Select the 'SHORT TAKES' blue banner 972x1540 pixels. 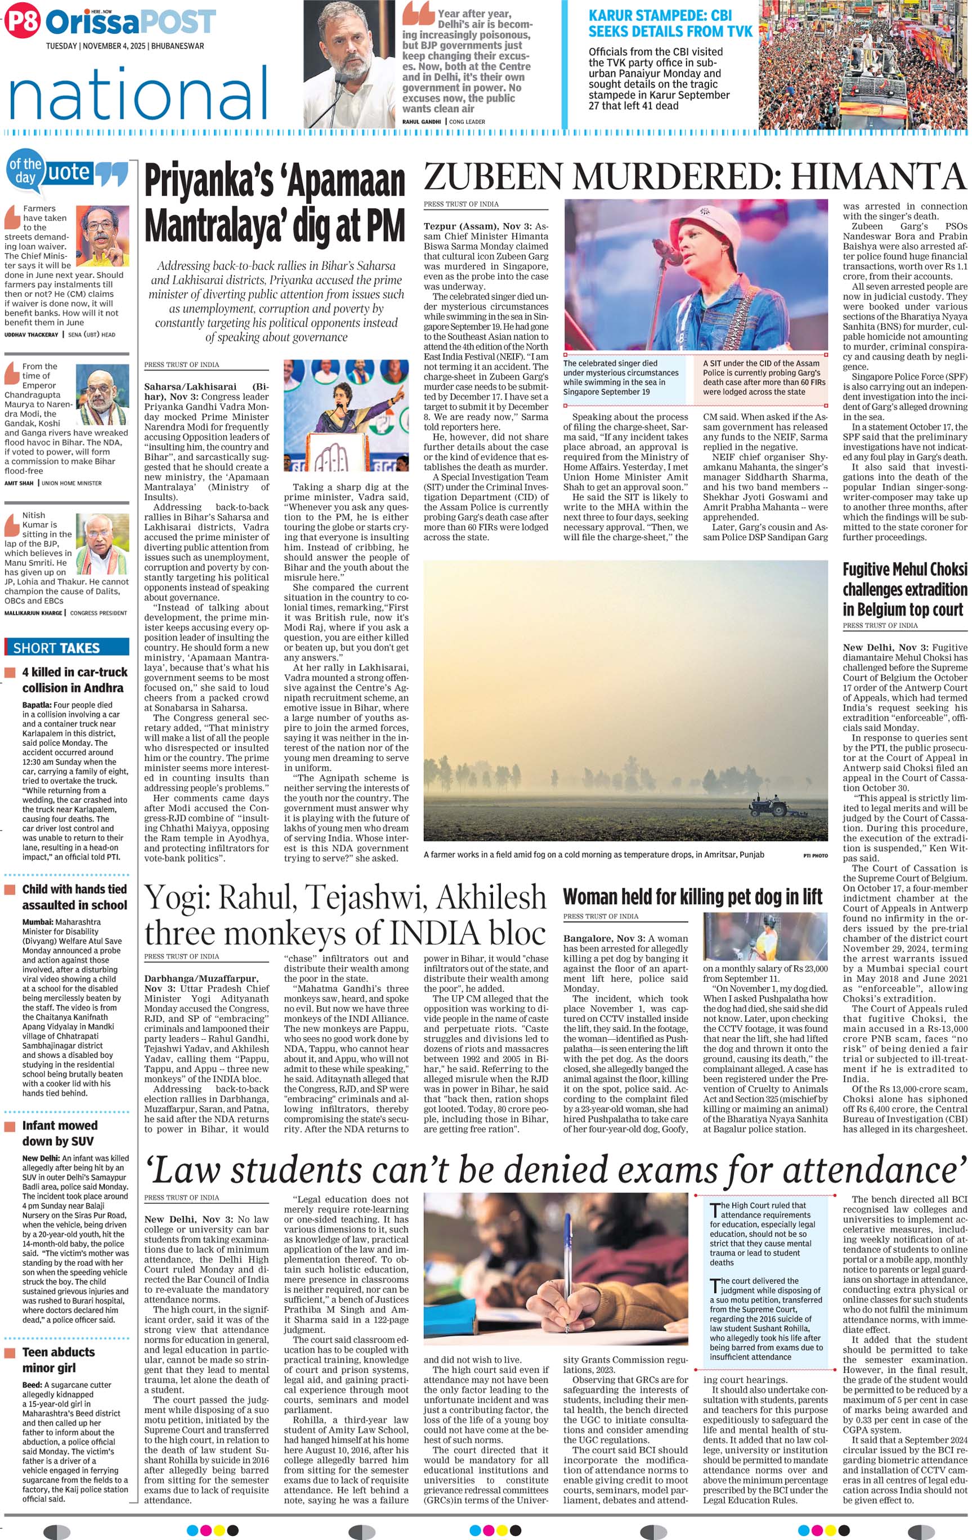[x=66, y=647]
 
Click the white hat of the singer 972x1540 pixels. [x=703, y=217]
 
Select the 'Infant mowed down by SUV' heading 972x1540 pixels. [x=60, y=1133]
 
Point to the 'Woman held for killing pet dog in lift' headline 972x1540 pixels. [x=692, y=897]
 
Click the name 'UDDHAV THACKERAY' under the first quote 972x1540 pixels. [x=32, y=335]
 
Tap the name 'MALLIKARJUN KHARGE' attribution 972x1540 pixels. [x=33, y=613]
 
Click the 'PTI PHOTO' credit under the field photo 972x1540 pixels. [x=815, y=855]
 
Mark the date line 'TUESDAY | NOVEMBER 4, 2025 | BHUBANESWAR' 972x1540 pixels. [x=124, y=46]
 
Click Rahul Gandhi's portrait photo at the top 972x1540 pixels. [x=349, y=64]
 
